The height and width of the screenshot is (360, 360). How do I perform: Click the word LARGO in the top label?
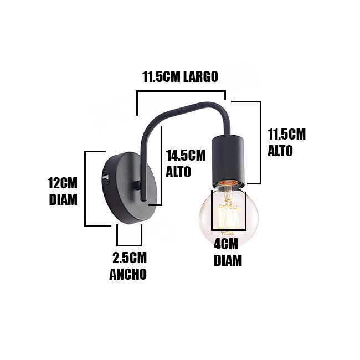(x=200, y=76)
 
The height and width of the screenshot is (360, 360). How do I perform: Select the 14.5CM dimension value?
(x=186, y=155)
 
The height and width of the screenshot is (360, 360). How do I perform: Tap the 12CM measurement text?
(x=63, y=183)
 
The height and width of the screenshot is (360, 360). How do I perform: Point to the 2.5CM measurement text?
(x=130, y=258)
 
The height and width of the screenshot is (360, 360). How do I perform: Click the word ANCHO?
(x=128, y=274)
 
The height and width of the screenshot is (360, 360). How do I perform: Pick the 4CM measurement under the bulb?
(x=226, y=244)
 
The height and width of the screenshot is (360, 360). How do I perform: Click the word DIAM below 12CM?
(x=63, y=199)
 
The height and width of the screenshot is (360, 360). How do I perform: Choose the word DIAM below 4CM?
(x=228, y=260)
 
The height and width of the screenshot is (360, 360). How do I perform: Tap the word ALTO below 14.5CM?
(x=178, y=172)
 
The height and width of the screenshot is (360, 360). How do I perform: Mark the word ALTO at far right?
(x=280, y=151)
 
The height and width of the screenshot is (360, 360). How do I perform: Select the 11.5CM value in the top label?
(x=161, y=76)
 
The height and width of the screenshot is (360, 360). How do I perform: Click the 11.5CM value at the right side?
(x=287, y=135)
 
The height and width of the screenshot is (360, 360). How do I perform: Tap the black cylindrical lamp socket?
(x=227, y=161)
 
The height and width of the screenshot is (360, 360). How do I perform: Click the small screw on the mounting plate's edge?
(x=106, y=182)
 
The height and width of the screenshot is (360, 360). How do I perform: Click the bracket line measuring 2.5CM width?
(x=129, y=245)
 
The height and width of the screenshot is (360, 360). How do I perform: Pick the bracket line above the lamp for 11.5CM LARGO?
(x=181, y=91)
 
